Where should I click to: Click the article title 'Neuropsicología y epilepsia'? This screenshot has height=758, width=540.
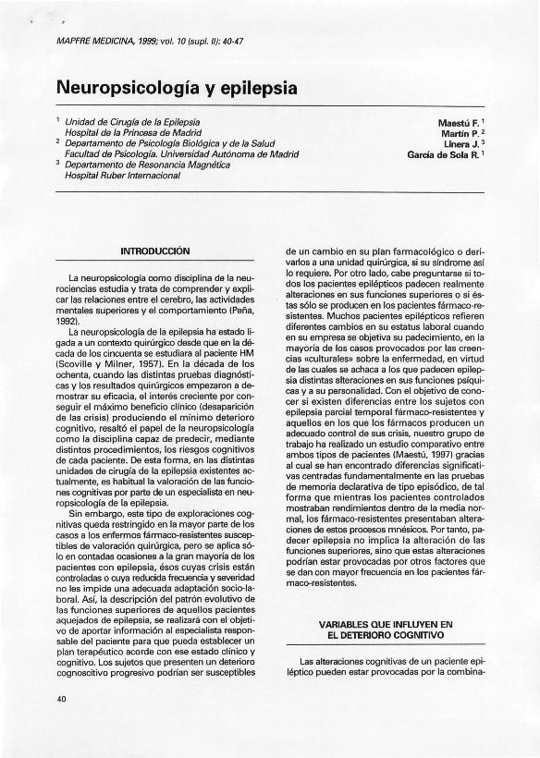pos(177,89)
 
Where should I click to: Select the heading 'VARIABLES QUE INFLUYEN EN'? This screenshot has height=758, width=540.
pos(386,624)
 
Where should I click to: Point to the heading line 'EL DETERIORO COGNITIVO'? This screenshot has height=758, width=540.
pos(386,635)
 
